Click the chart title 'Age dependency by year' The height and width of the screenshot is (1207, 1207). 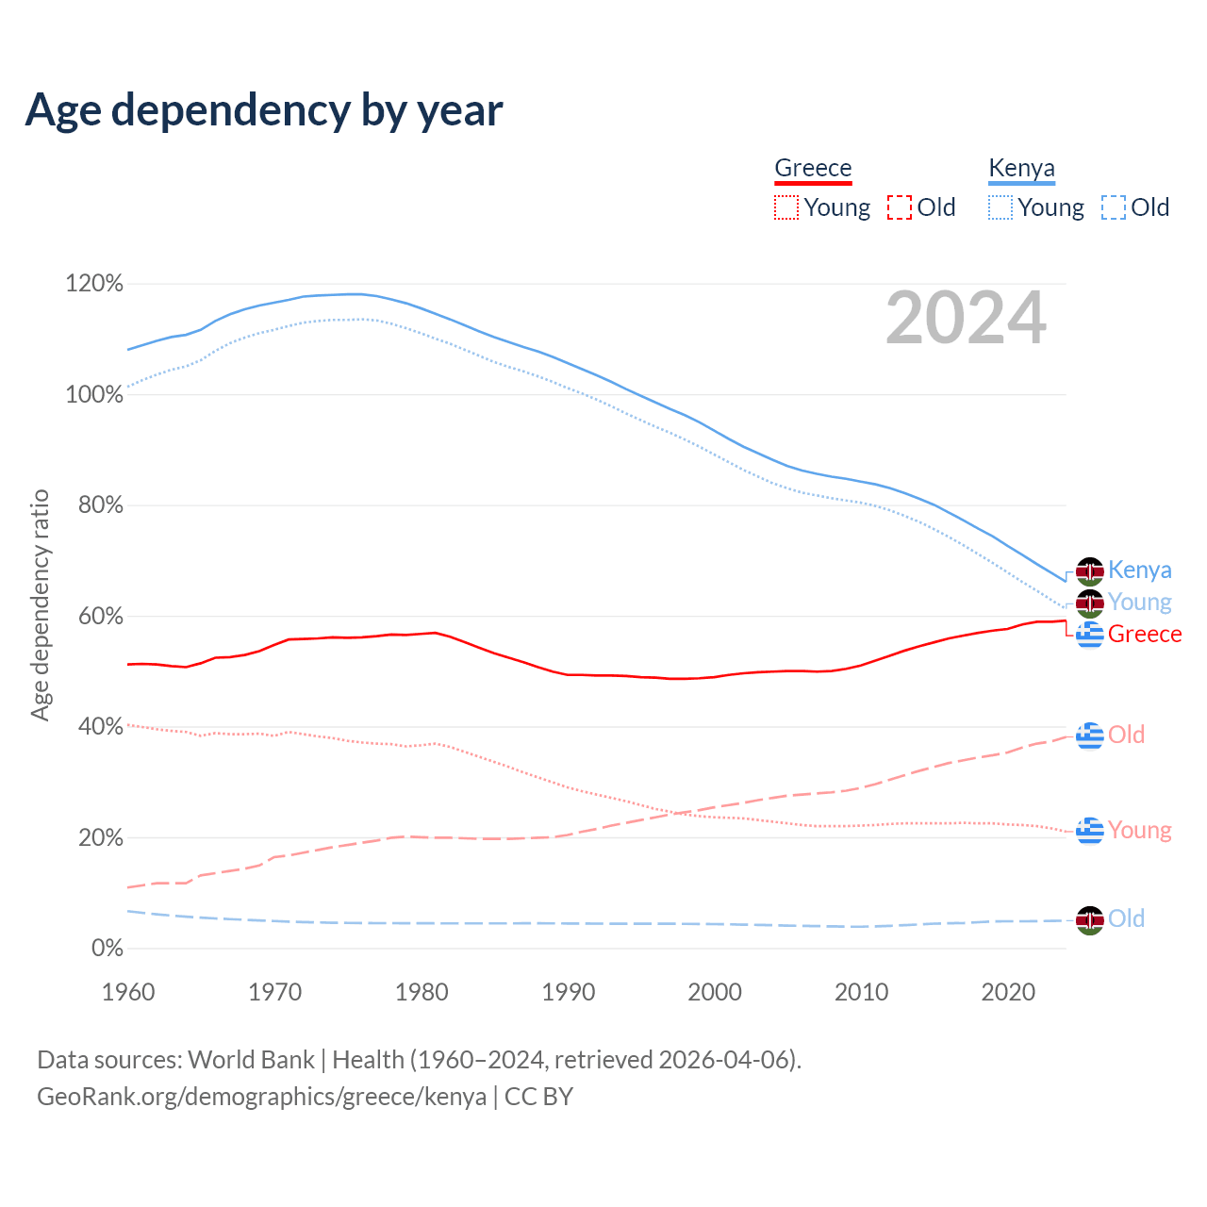[264, 110]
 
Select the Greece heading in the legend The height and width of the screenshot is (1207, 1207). [813, 168]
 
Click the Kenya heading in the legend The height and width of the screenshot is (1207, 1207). [1021, 168]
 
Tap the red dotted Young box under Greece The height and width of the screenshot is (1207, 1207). [786, 207]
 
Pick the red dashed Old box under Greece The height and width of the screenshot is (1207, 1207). [900, 207]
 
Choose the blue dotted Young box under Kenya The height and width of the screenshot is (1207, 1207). [1000, 207]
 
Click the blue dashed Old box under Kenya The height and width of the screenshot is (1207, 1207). [1114, 207]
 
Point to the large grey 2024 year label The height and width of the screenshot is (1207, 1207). [966, 319]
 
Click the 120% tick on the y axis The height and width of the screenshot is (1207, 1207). [94, 284]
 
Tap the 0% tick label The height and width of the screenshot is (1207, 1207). [107, 949]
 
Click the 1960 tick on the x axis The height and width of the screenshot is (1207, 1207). [128, 992]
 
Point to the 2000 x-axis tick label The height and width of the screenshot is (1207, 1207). [715, 992]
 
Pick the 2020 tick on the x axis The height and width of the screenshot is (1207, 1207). [1008, 992]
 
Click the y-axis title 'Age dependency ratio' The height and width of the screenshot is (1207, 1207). [40, 604]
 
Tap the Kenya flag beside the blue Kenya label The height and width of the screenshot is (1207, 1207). [1090, 571]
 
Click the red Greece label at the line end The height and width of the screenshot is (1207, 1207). [1145, 635]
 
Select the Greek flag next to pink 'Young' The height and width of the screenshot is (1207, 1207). [1090, 831]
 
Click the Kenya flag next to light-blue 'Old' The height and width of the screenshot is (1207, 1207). [1090, 919]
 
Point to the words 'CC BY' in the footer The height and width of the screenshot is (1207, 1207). [538, 1097]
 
